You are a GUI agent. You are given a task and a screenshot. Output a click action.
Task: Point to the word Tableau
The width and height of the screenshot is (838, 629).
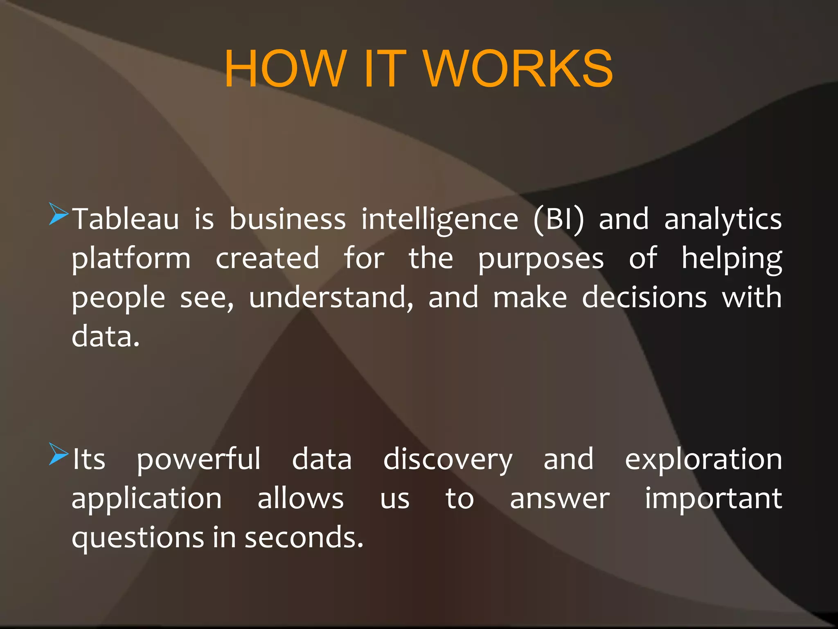coord(126,219)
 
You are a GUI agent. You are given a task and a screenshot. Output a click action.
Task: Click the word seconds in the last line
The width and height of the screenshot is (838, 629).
coord(304,538)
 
